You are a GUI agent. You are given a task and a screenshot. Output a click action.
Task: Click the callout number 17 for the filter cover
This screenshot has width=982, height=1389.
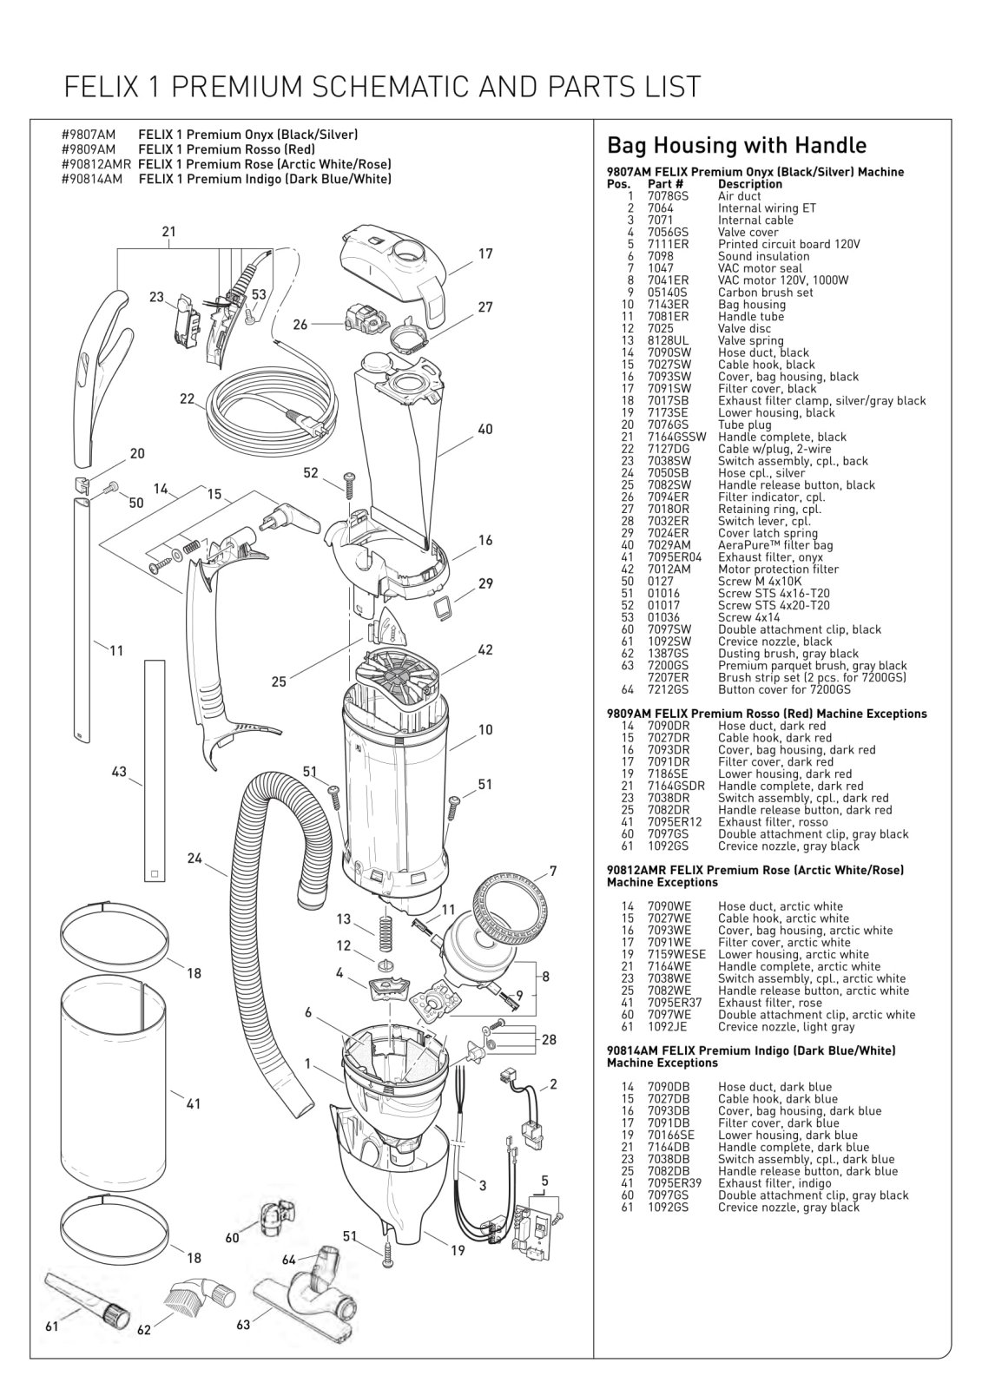[x=485, y=254]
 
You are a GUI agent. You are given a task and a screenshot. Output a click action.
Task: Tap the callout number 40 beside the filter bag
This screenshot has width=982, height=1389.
[x=485, y=430]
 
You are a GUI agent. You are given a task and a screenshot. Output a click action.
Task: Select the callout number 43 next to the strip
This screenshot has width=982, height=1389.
[x=120, y=772]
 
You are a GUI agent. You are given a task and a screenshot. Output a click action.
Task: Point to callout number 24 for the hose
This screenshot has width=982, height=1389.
[x=194, y=859]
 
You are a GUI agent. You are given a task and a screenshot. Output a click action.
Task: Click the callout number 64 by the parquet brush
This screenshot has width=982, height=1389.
[x=289, y=1260]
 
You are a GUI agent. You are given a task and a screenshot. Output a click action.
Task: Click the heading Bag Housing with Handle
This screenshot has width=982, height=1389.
[x=736, y=145]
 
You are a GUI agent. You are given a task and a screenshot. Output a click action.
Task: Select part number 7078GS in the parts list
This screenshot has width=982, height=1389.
[x=667, y=196]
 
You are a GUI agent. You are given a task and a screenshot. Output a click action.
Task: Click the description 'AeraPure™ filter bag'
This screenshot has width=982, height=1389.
[x=775, y=545]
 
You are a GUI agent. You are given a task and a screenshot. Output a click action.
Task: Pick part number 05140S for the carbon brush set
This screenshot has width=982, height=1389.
[x=667, y=293]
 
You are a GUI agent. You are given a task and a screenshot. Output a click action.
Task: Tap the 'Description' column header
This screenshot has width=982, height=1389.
[x=749, y=184]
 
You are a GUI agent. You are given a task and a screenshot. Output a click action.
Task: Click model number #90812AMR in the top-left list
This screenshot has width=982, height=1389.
[x=96, y=164]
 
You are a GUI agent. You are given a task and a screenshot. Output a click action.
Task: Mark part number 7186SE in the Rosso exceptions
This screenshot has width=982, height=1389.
[x=669, y=773]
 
